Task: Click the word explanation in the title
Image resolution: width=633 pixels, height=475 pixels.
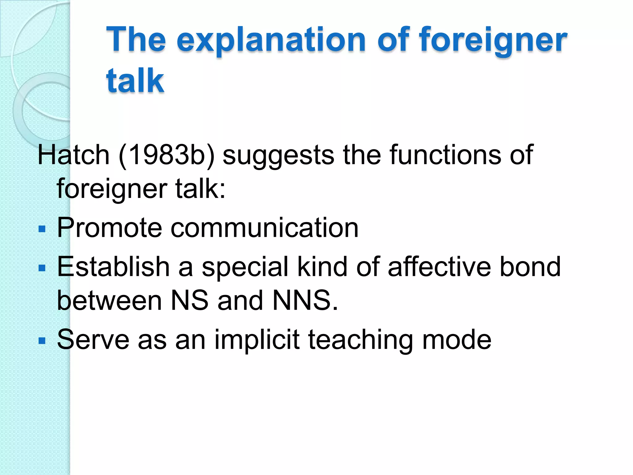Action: tap(271, 40)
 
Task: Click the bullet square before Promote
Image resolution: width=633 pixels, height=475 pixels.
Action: tap(42, 229)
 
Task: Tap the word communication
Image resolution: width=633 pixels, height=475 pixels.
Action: tap(265, 228)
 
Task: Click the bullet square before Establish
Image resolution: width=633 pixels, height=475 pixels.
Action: tap(42, 268)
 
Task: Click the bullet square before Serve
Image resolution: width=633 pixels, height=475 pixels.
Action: tap(42, 341)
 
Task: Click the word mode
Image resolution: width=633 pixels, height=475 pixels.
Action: tap(457, 340)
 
